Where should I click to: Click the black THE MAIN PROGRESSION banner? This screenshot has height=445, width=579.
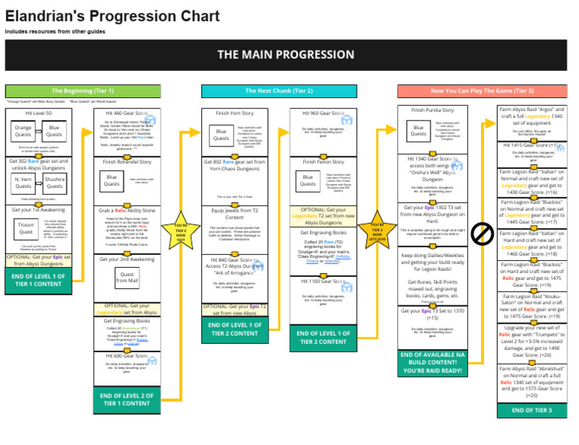(x=286, y=54)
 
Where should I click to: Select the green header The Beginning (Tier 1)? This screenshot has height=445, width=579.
(x=83, y=91)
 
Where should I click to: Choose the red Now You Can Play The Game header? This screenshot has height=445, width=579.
(x=482, y=91)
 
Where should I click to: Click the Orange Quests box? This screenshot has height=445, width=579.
(x=23, y=132)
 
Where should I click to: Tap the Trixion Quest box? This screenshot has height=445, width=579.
(x=26, y=229)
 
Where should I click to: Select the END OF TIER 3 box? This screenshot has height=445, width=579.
(x=532, y=410)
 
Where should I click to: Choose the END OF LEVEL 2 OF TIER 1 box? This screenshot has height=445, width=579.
(x=126, y=399)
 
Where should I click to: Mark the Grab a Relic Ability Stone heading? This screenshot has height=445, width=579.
(x=126, y=210)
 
